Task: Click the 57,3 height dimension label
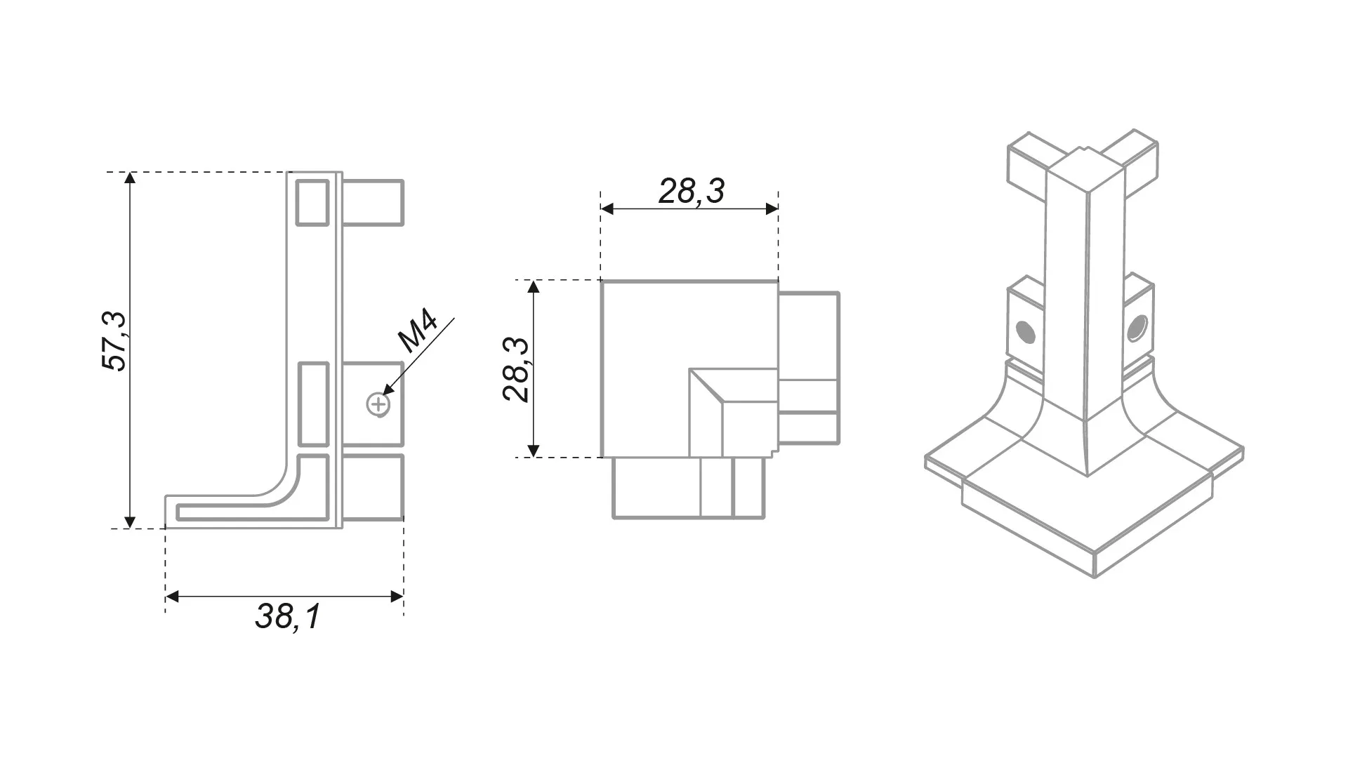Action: click(114, 340)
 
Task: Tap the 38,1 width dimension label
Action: click(288, 617)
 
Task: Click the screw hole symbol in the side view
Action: click(378, 404)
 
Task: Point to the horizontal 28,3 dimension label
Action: click(691, 191)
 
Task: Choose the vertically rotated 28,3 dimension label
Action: click(516, 369)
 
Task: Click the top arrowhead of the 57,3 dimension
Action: click(130, 178)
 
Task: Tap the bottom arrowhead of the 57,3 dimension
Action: click(130, 521)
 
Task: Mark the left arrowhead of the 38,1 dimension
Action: click(172, 597)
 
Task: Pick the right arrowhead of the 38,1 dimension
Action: click(397, 597)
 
